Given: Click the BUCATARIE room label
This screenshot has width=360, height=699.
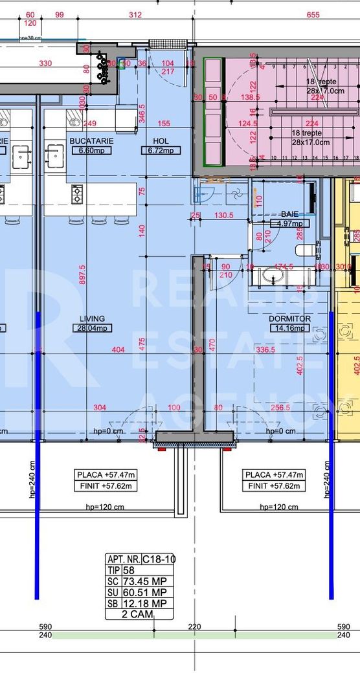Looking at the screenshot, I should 91,140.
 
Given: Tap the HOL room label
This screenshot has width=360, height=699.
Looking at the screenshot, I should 161,140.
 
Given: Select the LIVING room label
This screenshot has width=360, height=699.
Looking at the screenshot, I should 92,318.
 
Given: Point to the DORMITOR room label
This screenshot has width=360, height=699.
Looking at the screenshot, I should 290,318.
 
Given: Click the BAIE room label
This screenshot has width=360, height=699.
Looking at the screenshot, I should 289,214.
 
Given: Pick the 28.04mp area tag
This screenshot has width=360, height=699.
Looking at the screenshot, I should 92,328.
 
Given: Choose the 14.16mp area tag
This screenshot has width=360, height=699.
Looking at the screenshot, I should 289,328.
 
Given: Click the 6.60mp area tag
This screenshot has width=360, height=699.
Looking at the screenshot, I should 91,150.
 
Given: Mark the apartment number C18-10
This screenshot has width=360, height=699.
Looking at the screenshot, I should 159,559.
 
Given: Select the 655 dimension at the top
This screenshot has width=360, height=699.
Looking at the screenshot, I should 313,15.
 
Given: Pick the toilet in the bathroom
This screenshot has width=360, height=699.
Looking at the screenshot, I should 305,250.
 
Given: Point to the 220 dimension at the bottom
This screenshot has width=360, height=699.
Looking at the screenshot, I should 194,627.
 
